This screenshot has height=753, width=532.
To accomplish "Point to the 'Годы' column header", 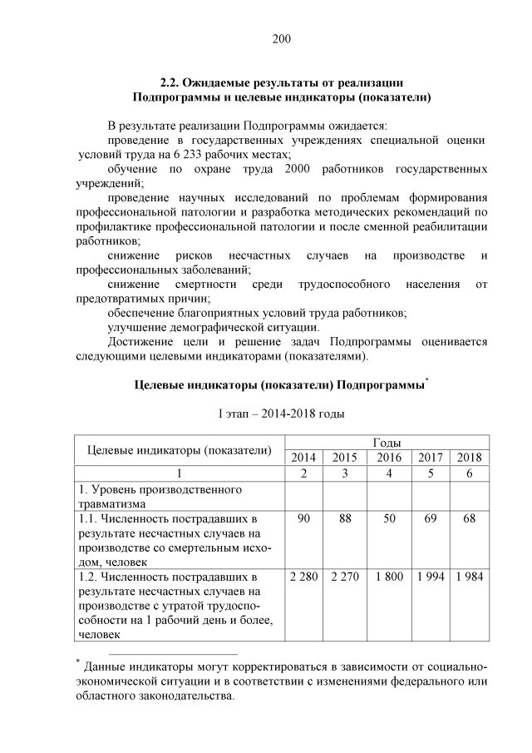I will coord(387,442).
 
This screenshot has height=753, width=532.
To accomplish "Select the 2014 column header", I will coord(303,457).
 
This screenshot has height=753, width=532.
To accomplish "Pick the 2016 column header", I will coord(388,457).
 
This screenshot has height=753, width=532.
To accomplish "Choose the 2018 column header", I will coord(470,457).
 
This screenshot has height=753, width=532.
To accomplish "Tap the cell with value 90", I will coord(303,519).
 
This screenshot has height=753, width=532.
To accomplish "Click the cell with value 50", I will coord(388,519).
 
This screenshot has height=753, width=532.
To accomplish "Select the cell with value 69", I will coord(430,519).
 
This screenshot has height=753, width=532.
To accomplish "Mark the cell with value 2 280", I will coord(303,577).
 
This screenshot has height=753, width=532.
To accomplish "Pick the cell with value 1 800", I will coord(388,577).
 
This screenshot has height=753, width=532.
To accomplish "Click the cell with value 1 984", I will coord(470,577).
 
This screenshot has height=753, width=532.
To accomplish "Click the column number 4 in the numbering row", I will coord(388,473).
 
